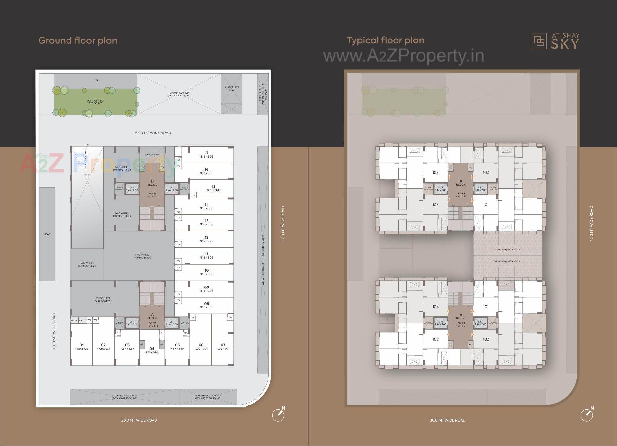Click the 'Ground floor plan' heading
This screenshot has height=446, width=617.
coord(78,41)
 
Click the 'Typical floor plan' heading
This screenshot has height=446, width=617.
coord(385,41)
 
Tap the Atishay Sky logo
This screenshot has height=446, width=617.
coord(555,41)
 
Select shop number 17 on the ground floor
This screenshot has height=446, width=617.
coord(206,155)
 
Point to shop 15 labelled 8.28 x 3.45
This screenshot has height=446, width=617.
coord(213,188)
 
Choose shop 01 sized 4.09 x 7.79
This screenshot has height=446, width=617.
coord(82,346)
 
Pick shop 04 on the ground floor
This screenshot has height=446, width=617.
coord(152,350)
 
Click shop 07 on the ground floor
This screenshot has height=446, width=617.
coord(223,346)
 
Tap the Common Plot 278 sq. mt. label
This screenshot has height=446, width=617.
coord(95,102)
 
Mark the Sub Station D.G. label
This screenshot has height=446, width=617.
coord(231,88)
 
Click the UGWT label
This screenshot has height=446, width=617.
coord(47,234)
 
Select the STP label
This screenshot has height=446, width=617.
coord(96,80)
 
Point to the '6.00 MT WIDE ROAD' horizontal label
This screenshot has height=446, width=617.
coord(153,133)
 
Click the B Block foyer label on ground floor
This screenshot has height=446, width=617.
coord(152,195)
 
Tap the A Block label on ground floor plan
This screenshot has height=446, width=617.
coord(152,316)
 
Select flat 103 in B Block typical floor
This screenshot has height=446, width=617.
coord(435,173)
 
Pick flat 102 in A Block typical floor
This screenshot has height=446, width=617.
coord(486,339)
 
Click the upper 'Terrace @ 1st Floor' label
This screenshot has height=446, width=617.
coord(506,250)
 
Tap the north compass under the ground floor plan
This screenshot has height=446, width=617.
coord(278,415)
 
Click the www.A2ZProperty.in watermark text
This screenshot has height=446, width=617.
coord(403,56)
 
